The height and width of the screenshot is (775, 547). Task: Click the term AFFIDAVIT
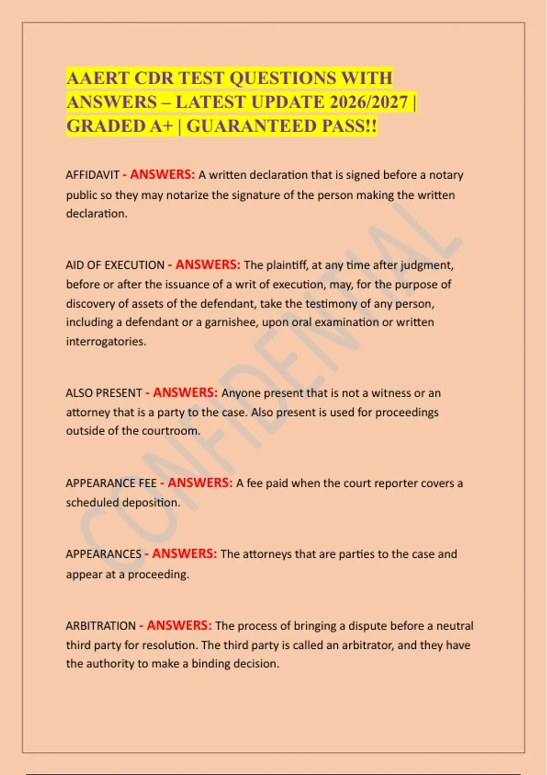point(93,175)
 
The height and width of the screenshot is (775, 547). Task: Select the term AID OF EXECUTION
point(115,265)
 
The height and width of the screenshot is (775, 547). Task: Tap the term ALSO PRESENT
point(104,393)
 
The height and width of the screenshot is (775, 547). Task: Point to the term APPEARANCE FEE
point(111,483)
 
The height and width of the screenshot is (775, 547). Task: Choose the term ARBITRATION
point(101,626)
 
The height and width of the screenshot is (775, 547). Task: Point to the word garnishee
point(231,322)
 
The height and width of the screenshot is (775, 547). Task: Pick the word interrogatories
point(106,341)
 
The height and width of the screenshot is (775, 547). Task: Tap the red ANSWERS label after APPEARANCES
point(184,554)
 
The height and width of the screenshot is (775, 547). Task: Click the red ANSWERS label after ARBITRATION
point(179,625)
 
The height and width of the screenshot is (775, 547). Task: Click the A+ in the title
point(162,126)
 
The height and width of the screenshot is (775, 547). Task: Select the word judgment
point(427,265)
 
